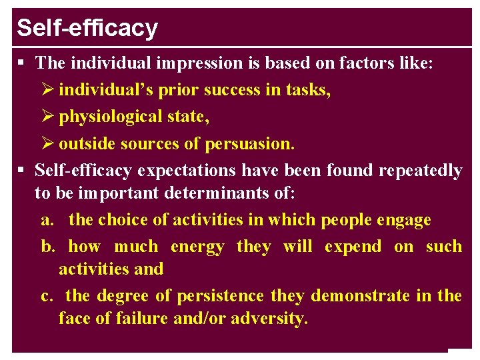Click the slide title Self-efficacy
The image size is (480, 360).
pos(87,28)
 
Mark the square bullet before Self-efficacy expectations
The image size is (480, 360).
pos(21,171)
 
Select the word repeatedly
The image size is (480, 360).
pos(420,171)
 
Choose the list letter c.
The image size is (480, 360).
pos(46,295)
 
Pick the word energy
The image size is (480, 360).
pos(197,247)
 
